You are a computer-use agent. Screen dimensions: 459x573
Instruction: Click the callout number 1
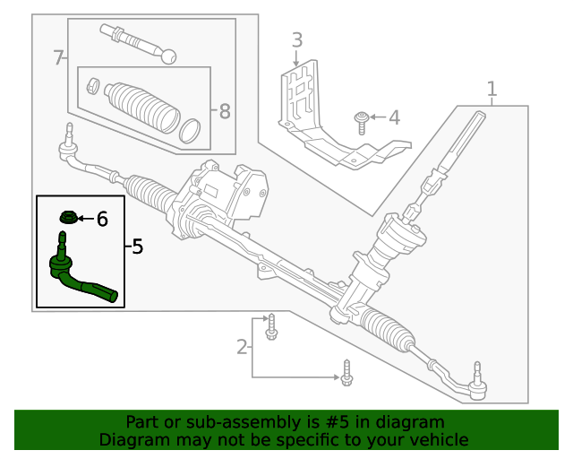492,89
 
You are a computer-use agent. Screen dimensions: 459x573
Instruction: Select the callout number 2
242,346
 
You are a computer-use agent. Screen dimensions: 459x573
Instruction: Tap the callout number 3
296,40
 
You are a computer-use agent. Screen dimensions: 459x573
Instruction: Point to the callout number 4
394,117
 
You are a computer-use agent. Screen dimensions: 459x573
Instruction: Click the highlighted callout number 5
136,247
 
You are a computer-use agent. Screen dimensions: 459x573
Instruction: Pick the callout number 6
102,218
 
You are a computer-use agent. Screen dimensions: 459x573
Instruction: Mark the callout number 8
224,111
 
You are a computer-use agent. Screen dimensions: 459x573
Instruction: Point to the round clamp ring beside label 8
190,130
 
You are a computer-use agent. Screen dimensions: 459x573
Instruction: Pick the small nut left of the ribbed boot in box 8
91,86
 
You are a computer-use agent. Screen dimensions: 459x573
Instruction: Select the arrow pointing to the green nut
84,218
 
